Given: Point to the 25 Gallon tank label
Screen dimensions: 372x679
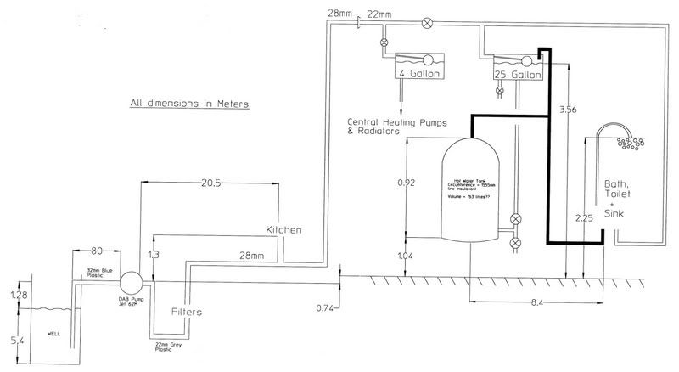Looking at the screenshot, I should (518, 75).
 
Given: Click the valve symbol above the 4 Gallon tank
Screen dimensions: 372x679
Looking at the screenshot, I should (384, 42).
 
